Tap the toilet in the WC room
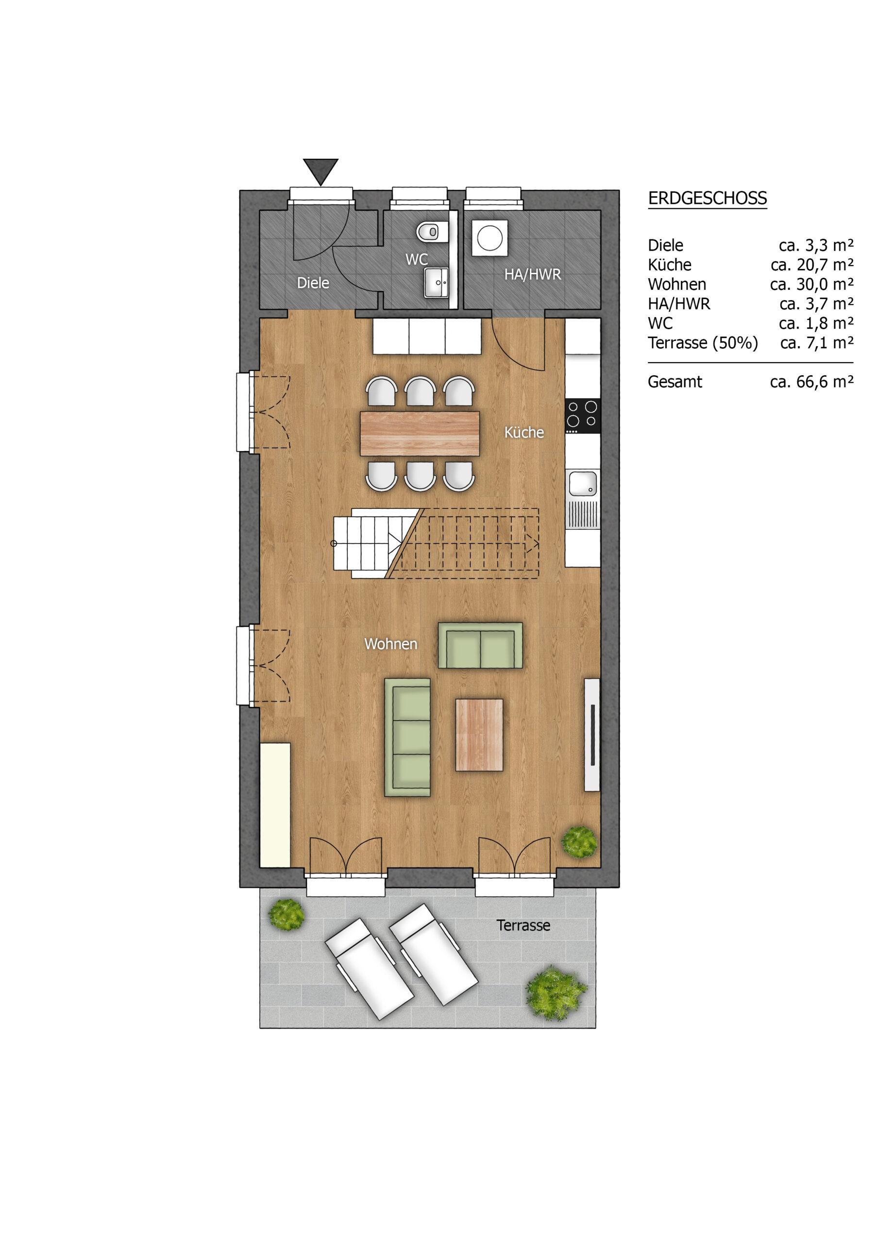point(431,232)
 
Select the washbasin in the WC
point(436,282)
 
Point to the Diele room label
point(313,283)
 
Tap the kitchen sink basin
point(583,484)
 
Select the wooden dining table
point(420,433)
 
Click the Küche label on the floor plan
point(524,432)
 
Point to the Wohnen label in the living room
point(390,644)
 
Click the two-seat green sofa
point(480,645)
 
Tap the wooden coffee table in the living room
point(479,734)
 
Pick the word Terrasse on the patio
point(524,925)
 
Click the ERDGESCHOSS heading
point(707,198)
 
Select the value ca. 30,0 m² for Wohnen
point(812,284)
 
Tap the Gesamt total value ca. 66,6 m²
point(812,382)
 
